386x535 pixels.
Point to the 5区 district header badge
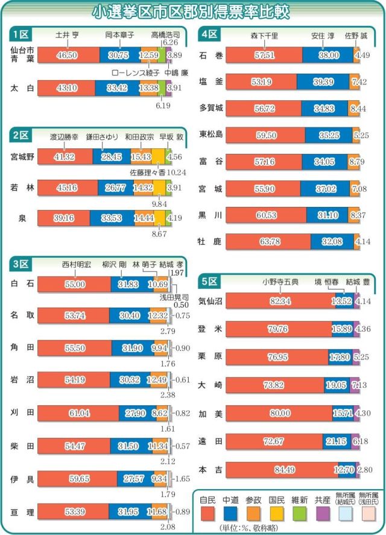tap(210, 280)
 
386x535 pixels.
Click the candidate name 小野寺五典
tap(276, 281)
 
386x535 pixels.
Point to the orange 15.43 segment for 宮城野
tap(141, 157)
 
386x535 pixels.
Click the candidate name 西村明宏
tap(77, 264)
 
